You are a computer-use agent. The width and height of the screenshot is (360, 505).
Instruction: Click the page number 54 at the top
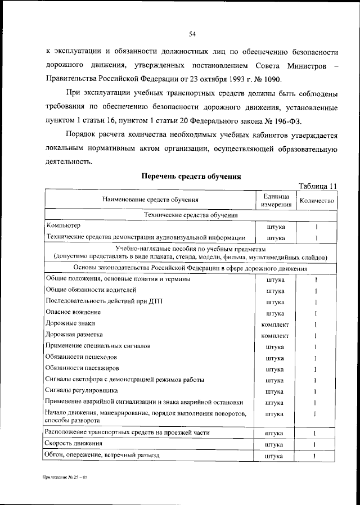pos(192,34)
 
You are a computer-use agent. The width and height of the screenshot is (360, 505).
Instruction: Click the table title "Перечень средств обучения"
pos(191,176)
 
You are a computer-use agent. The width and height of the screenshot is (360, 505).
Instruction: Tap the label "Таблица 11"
pos(318,186)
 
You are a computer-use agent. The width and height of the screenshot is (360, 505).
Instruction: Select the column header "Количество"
pos(317,200)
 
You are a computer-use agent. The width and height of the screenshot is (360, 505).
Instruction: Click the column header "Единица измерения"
pos(276,200)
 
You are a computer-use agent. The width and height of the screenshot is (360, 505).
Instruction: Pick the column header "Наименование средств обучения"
pos(150,200)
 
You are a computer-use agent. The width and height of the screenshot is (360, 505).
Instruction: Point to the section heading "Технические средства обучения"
pos(191,215)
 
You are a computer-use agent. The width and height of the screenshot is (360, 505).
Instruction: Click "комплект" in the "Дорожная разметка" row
pos(276,336)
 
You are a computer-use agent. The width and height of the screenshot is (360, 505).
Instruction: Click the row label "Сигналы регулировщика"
pos(81,391)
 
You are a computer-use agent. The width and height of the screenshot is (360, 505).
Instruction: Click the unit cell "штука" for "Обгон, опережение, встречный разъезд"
pos(276,456)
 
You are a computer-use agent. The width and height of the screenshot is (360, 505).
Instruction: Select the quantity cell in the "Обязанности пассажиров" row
pos(316,369)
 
